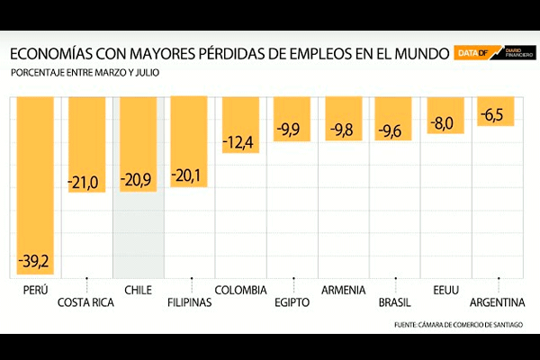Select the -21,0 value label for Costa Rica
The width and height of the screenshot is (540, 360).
coord(86,183)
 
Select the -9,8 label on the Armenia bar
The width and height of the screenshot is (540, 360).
coord(343,131)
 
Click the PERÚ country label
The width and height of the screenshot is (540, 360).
coord(36,290)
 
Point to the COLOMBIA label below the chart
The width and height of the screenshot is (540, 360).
coord(240,290)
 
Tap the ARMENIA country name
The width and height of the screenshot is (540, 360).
coord(343,290)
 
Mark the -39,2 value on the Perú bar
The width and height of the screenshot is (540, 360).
coord(35,262)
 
